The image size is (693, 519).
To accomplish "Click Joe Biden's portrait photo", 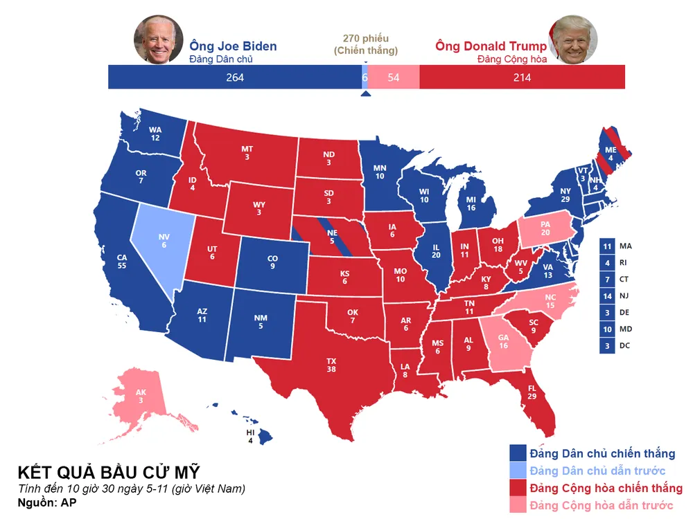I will coord(158,40).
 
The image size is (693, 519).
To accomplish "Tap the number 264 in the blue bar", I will coord(235,78).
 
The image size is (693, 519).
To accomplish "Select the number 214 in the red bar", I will coord(522,78).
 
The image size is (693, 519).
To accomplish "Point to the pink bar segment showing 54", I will coord(394,78).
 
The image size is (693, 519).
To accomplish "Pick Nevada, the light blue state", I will coord(164,239).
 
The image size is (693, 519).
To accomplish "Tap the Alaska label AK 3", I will coord(141,396).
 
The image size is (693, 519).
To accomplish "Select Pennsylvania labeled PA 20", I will coord(545,228).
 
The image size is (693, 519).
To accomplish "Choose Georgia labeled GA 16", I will coord(502,340).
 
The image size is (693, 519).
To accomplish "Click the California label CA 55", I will coord(122,261).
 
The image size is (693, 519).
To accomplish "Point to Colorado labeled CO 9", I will coord(272,262).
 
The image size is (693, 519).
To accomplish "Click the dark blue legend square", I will coord(518,453).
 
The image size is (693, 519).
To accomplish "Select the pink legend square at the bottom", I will coord(518,505).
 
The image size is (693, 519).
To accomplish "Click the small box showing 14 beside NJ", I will coord(606,296).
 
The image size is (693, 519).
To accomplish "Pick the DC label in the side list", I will coord(626,346).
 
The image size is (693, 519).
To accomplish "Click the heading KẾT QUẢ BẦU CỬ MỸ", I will coord(109,472).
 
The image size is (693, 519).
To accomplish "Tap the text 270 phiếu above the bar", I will coord(366,38).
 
